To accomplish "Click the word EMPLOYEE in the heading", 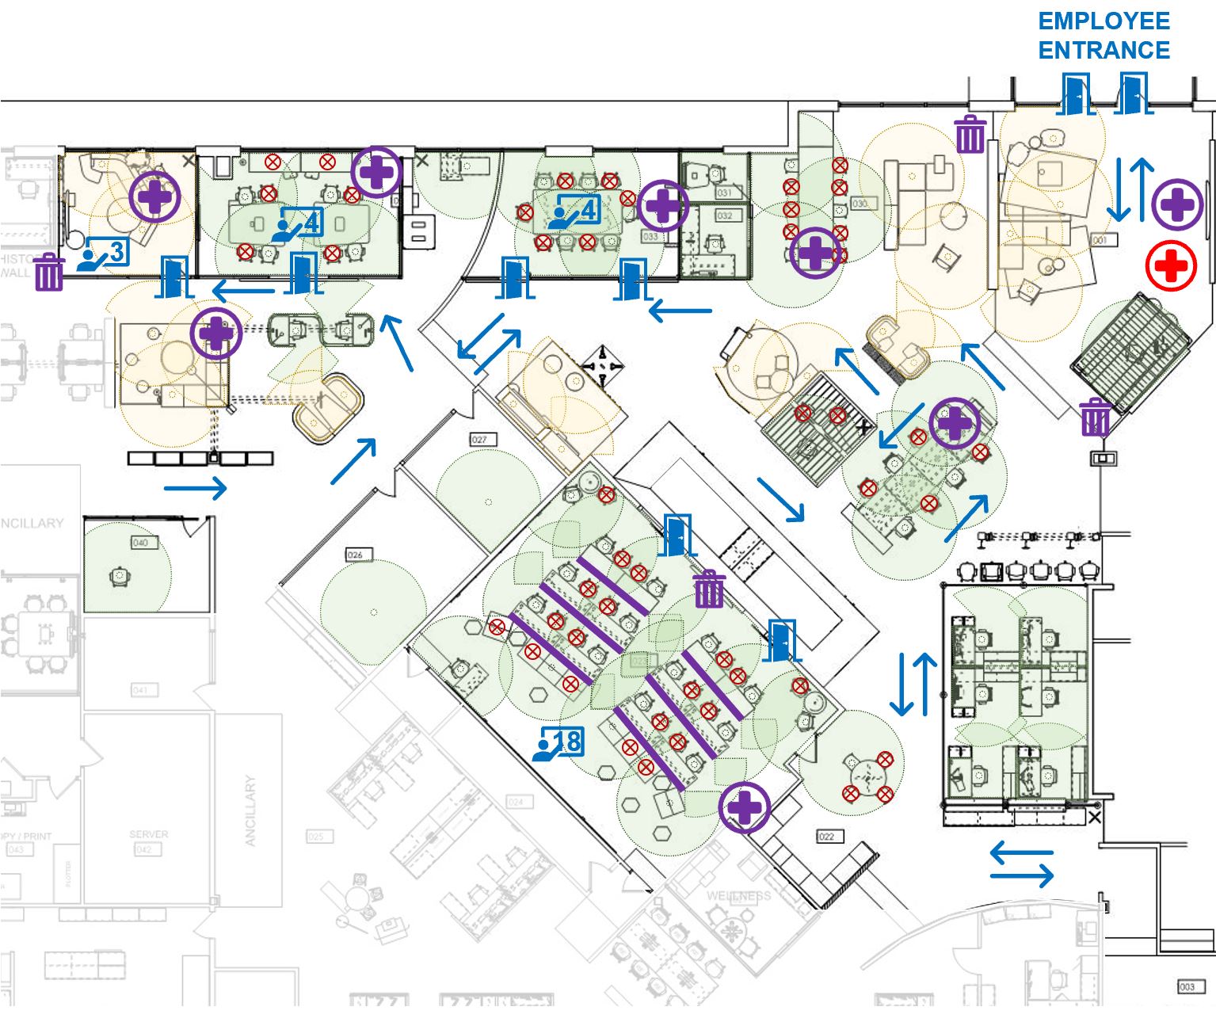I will [1104, 21].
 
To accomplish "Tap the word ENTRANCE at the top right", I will [1104, 51].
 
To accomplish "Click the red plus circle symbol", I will [1171, 267].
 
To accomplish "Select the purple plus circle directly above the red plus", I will [1177, 204].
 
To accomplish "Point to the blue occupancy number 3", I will [116, 253].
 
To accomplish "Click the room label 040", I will [141, 543].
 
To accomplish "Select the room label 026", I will [354, 555].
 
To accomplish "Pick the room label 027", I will [479, 440].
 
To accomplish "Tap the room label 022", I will [825, 837].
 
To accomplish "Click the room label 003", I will [1186, 986].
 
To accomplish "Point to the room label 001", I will [1100, 239].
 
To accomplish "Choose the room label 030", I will [860, 204].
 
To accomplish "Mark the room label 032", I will [724, 215].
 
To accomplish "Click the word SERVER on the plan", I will [148, 834].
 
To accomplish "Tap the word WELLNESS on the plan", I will [738, 896].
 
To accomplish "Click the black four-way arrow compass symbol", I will [602, 365].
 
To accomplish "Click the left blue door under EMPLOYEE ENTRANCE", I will [1076, 94].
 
